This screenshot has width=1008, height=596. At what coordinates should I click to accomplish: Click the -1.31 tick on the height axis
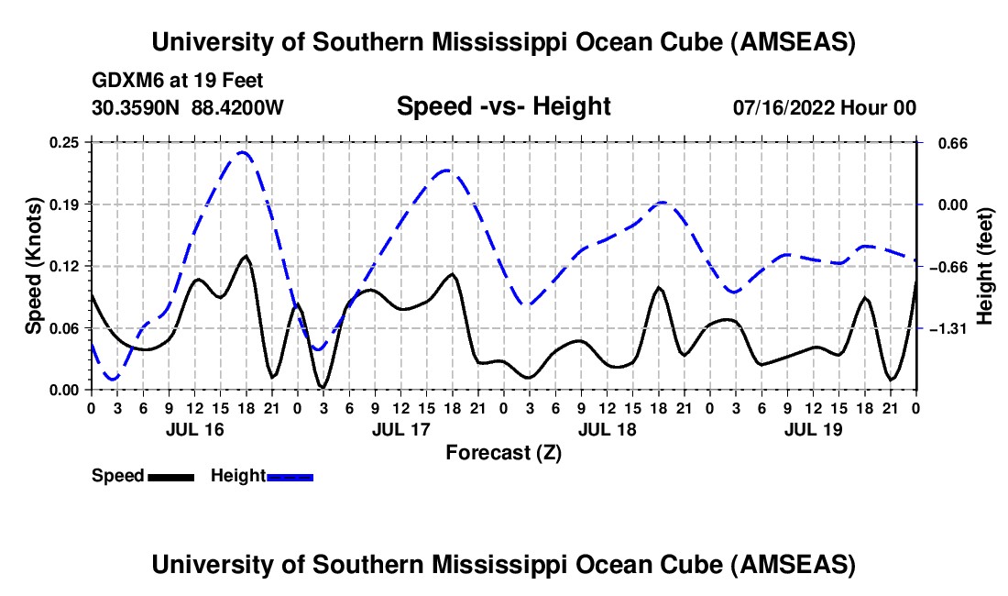948,328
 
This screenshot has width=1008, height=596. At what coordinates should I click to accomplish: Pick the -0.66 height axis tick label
948,266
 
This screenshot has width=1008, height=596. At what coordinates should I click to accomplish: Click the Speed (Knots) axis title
34,266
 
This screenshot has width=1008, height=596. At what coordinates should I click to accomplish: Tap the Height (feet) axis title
985,266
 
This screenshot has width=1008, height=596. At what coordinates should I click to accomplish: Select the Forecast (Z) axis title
503,452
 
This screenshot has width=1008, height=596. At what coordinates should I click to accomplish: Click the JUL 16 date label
193,429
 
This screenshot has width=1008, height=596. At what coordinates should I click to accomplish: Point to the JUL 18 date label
607,429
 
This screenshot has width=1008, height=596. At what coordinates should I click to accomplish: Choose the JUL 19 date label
813,429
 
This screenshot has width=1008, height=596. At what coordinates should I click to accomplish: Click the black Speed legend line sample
170,476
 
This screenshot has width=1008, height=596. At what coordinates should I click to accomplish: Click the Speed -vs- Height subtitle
503,106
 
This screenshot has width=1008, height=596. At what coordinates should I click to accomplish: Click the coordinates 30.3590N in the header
137,107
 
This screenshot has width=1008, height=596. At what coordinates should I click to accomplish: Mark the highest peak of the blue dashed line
242,152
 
